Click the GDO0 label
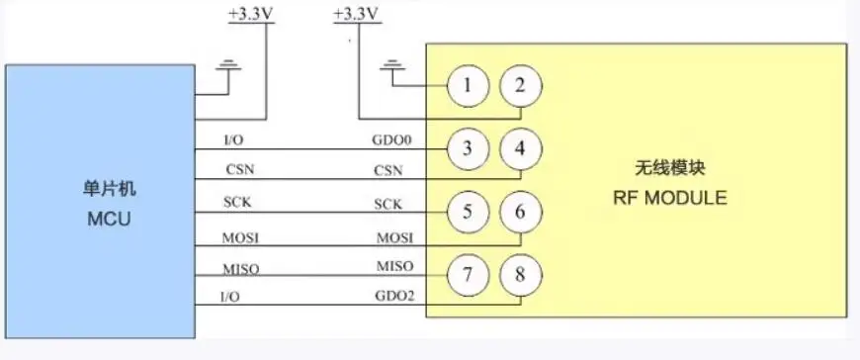point(391,139)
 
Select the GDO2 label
point(394,297)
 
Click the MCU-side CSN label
point(240,169)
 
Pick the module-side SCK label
point(388,204)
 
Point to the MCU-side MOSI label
point(241,238)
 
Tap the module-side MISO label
point(394,266)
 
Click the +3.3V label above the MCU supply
point(251,14)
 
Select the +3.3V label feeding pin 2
point(357,14)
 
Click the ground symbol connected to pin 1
point(392,66)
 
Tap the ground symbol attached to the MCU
point(229,66)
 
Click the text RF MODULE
point(669,198)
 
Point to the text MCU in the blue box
point(109,219)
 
